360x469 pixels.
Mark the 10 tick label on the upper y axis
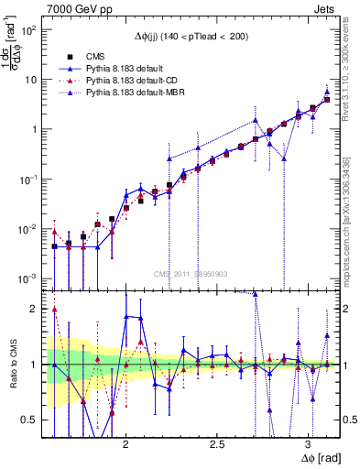click(33, 80)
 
